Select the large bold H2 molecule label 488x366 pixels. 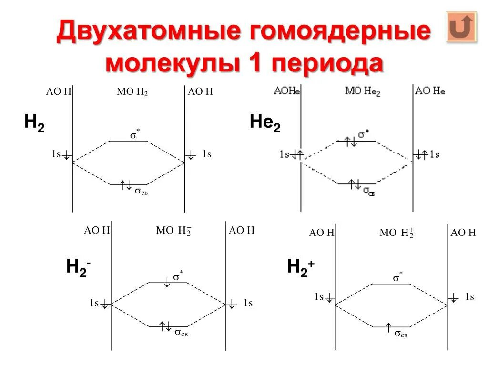tap(34, 123)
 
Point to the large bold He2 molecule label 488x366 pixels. tap(265, 124)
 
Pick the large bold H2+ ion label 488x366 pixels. tap(301, 267)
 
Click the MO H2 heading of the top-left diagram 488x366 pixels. tap(132, 92)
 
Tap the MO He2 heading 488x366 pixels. tap(362, 91)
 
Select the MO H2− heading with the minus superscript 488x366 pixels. tap(173, 231)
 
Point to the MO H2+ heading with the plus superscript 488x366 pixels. tap(396, 233)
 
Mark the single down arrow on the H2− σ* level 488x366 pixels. tap(167, 283)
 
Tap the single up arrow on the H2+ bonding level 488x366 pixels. tap(389, 327)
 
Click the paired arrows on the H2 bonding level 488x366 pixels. tap(126, 185)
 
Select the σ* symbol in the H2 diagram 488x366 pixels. tap(135, 135)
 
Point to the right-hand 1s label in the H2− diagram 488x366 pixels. tap(248, 303)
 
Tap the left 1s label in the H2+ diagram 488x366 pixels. tap(319, 297)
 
